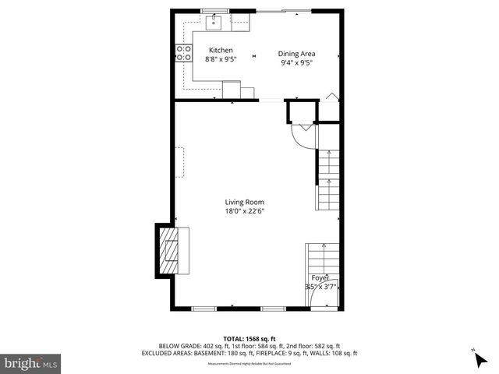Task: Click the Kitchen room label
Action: click(x=220, y=50)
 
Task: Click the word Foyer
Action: click(x=320, y=277)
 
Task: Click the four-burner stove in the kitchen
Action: click(x=185, y=53)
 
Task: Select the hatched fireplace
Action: click(x=168, y=250)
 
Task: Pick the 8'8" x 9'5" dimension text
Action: click(x=220, y=59)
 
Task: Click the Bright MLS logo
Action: click(x=31, y=363)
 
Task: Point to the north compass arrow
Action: click(x=479, y=358)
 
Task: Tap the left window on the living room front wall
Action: click(x=206, y=309)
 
